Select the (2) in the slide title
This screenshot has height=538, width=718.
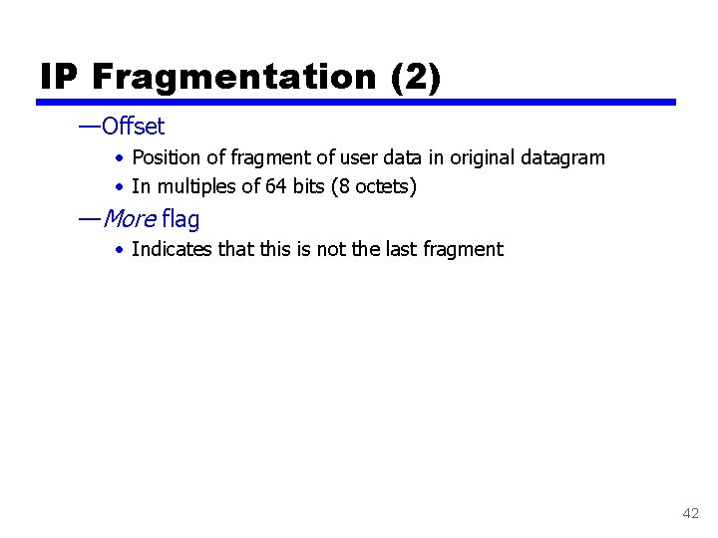(417, 77)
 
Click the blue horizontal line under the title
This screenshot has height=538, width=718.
(356, 102)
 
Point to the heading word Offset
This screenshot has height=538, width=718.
(133, 127)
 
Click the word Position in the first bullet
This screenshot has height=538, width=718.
(165, 157)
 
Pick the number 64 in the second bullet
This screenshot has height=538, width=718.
(276, 186)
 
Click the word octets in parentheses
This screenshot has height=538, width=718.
(382, 186)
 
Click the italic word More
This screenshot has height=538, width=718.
(129, 219)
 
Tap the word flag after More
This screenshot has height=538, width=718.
(180, 219)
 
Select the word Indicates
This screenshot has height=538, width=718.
(172, 249)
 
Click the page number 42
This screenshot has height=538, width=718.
(690, 513)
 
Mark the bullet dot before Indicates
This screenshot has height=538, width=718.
(119, 250)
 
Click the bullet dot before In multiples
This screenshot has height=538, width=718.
(119, 187)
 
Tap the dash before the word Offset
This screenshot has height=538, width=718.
(89, 127)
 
